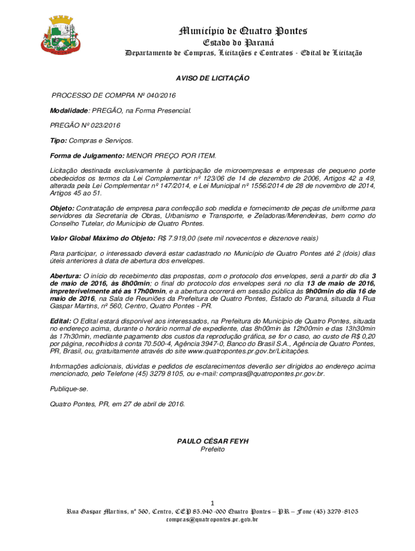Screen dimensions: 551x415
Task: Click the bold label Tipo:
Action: [x=59, y=140]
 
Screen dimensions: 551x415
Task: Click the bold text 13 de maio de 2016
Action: [x=341, y=283]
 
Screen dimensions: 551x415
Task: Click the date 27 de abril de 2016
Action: [x=150, y=404]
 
